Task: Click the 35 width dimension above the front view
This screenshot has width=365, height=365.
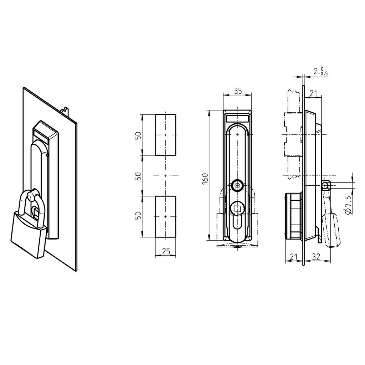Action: pyautogui.click(x=238, y=91)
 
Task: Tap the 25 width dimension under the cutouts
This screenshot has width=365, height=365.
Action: pyautogui.click(x=166, y=251)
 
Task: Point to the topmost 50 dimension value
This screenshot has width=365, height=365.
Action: pyautogui.click(x=139, y=135)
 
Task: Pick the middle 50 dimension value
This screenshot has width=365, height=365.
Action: pyautogui.click(x=139, y=176)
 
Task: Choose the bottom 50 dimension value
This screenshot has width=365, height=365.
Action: pyautogui.click(x=139, y=216)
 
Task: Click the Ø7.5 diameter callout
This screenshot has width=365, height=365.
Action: pyautogui.click(x=349, y=205)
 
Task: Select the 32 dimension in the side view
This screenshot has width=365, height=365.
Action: pyautogui.click(x=316, y=256)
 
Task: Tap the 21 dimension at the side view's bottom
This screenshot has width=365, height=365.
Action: pyautogui.click(x=294, y=256)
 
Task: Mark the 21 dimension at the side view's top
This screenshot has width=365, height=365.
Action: pyautogui.click(x=313, y=93)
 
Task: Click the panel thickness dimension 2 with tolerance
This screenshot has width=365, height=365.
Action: pyautogui.click(x=320, y=71)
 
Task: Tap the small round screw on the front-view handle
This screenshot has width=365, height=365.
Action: pyautogui.click(x=237, y=185)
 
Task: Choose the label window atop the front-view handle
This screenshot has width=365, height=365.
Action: pyautogui.click(x=237, y=118)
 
